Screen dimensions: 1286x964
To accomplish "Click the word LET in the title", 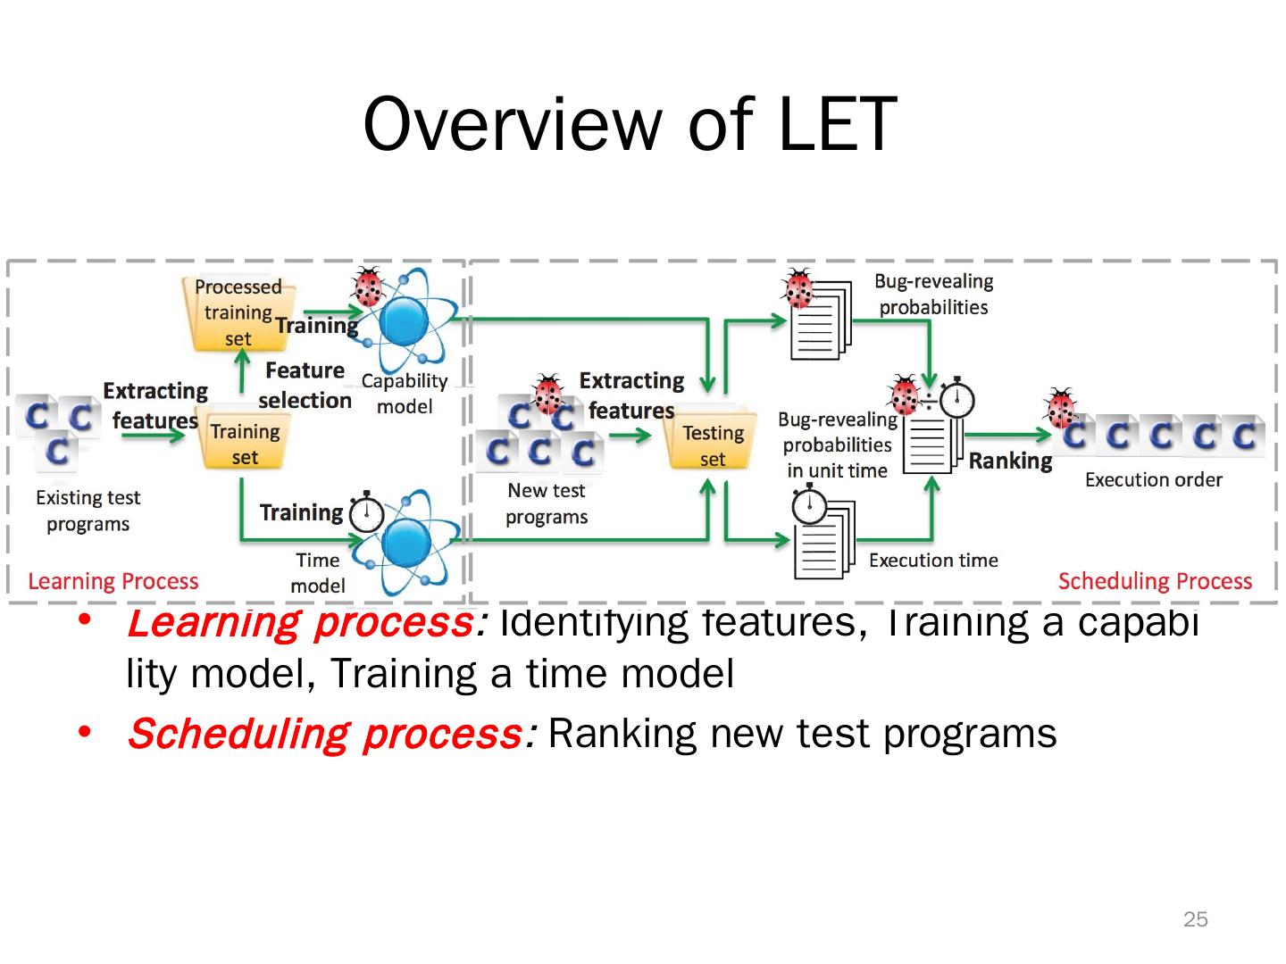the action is pyautogui.click(x=837, y=123).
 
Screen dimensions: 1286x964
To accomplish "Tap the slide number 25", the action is pyautogui.click(x=1195, y=919).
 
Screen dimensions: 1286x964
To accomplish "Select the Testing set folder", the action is pyautogui.click(x=713, y=445).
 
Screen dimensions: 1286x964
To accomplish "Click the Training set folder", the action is pyautogui.click(x=244, y=443).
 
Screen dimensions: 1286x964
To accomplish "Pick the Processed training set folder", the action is pyautogui.click(x=237, y=312).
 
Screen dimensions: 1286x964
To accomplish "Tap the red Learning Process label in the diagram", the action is pyautogui.click(x=113, y=581).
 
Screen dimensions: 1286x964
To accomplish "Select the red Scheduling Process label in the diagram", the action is pyautogui.click(x=1155, y=581).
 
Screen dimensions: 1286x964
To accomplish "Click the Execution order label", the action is pyautogui.click(x=1153, y=480).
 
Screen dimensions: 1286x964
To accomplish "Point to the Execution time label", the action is pyautogui.click(x=933, y=561).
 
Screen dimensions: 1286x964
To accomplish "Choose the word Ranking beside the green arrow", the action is pyautogui.click(x=1010, y=461).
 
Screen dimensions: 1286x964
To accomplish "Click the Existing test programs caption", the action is pyautogui.click(x=88, y=511).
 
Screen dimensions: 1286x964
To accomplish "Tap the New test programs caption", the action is pyautogui.click(x=547, y=503).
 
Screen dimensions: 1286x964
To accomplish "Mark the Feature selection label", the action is pyautogui.click(x=305, y=386).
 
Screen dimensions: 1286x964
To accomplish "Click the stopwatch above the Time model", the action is pyautogui.click(x=366, y=512).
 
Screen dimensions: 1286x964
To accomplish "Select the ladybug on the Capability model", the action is pyautogui.click(x=368, y=287).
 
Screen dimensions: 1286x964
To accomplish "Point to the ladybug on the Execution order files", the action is pyautogui.click(x=1062, y=409).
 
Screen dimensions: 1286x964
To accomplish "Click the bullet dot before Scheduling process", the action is pyautogui.click(x=85, y=733).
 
